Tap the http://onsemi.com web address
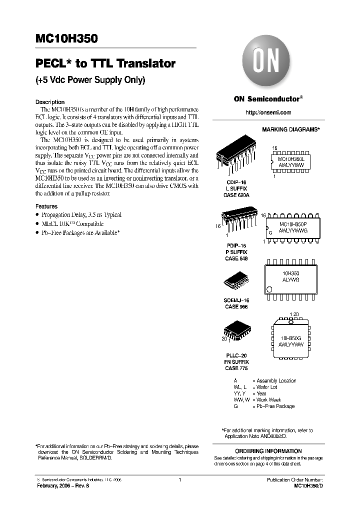click(268, 112)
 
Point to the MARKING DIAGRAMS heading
click(290, 129)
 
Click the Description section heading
click(50, 102)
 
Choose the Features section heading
click(46, 206)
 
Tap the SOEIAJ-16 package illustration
click(235, 284)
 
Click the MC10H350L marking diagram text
click(294, 158)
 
